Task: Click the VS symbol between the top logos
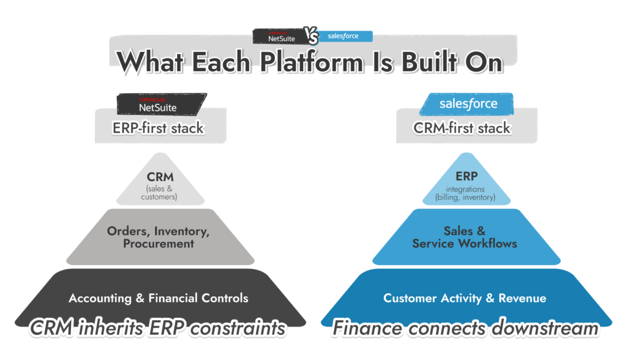(x=312, y=37)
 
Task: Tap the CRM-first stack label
(x=467, y=129)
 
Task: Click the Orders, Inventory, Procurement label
(x=159, y=237)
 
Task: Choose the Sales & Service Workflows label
(x=465, y=237)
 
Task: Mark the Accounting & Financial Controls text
(x=159, y=298)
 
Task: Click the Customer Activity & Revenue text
(x=465, y=298)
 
